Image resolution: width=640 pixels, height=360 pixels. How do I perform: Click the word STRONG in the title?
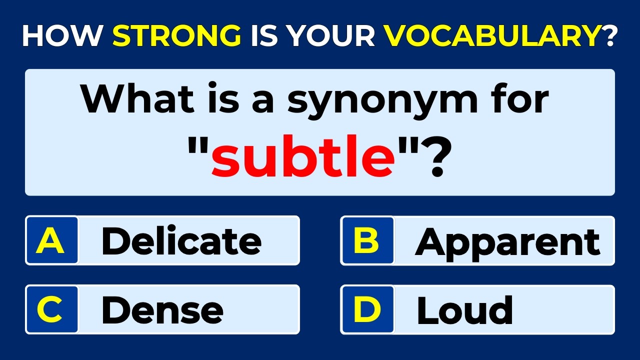tap(176, 36)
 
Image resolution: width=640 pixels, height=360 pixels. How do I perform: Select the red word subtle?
tap(303, 159)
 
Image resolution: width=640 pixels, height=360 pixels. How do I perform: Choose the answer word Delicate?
tap(181, 241)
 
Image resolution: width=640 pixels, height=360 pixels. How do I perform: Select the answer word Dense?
tap(162, 310)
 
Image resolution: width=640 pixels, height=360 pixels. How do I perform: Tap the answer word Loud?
tap(464, 310)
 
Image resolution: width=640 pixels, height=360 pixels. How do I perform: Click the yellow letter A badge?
tap(51, 240)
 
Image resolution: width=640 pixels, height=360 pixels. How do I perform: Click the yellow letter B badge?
tap(367, 240)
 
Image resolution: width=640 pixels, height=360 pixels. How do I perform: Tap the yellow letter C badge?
tap(51, 309)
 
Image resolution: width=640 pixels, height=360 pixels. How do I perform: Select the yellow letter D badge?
tap(367, 309)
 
